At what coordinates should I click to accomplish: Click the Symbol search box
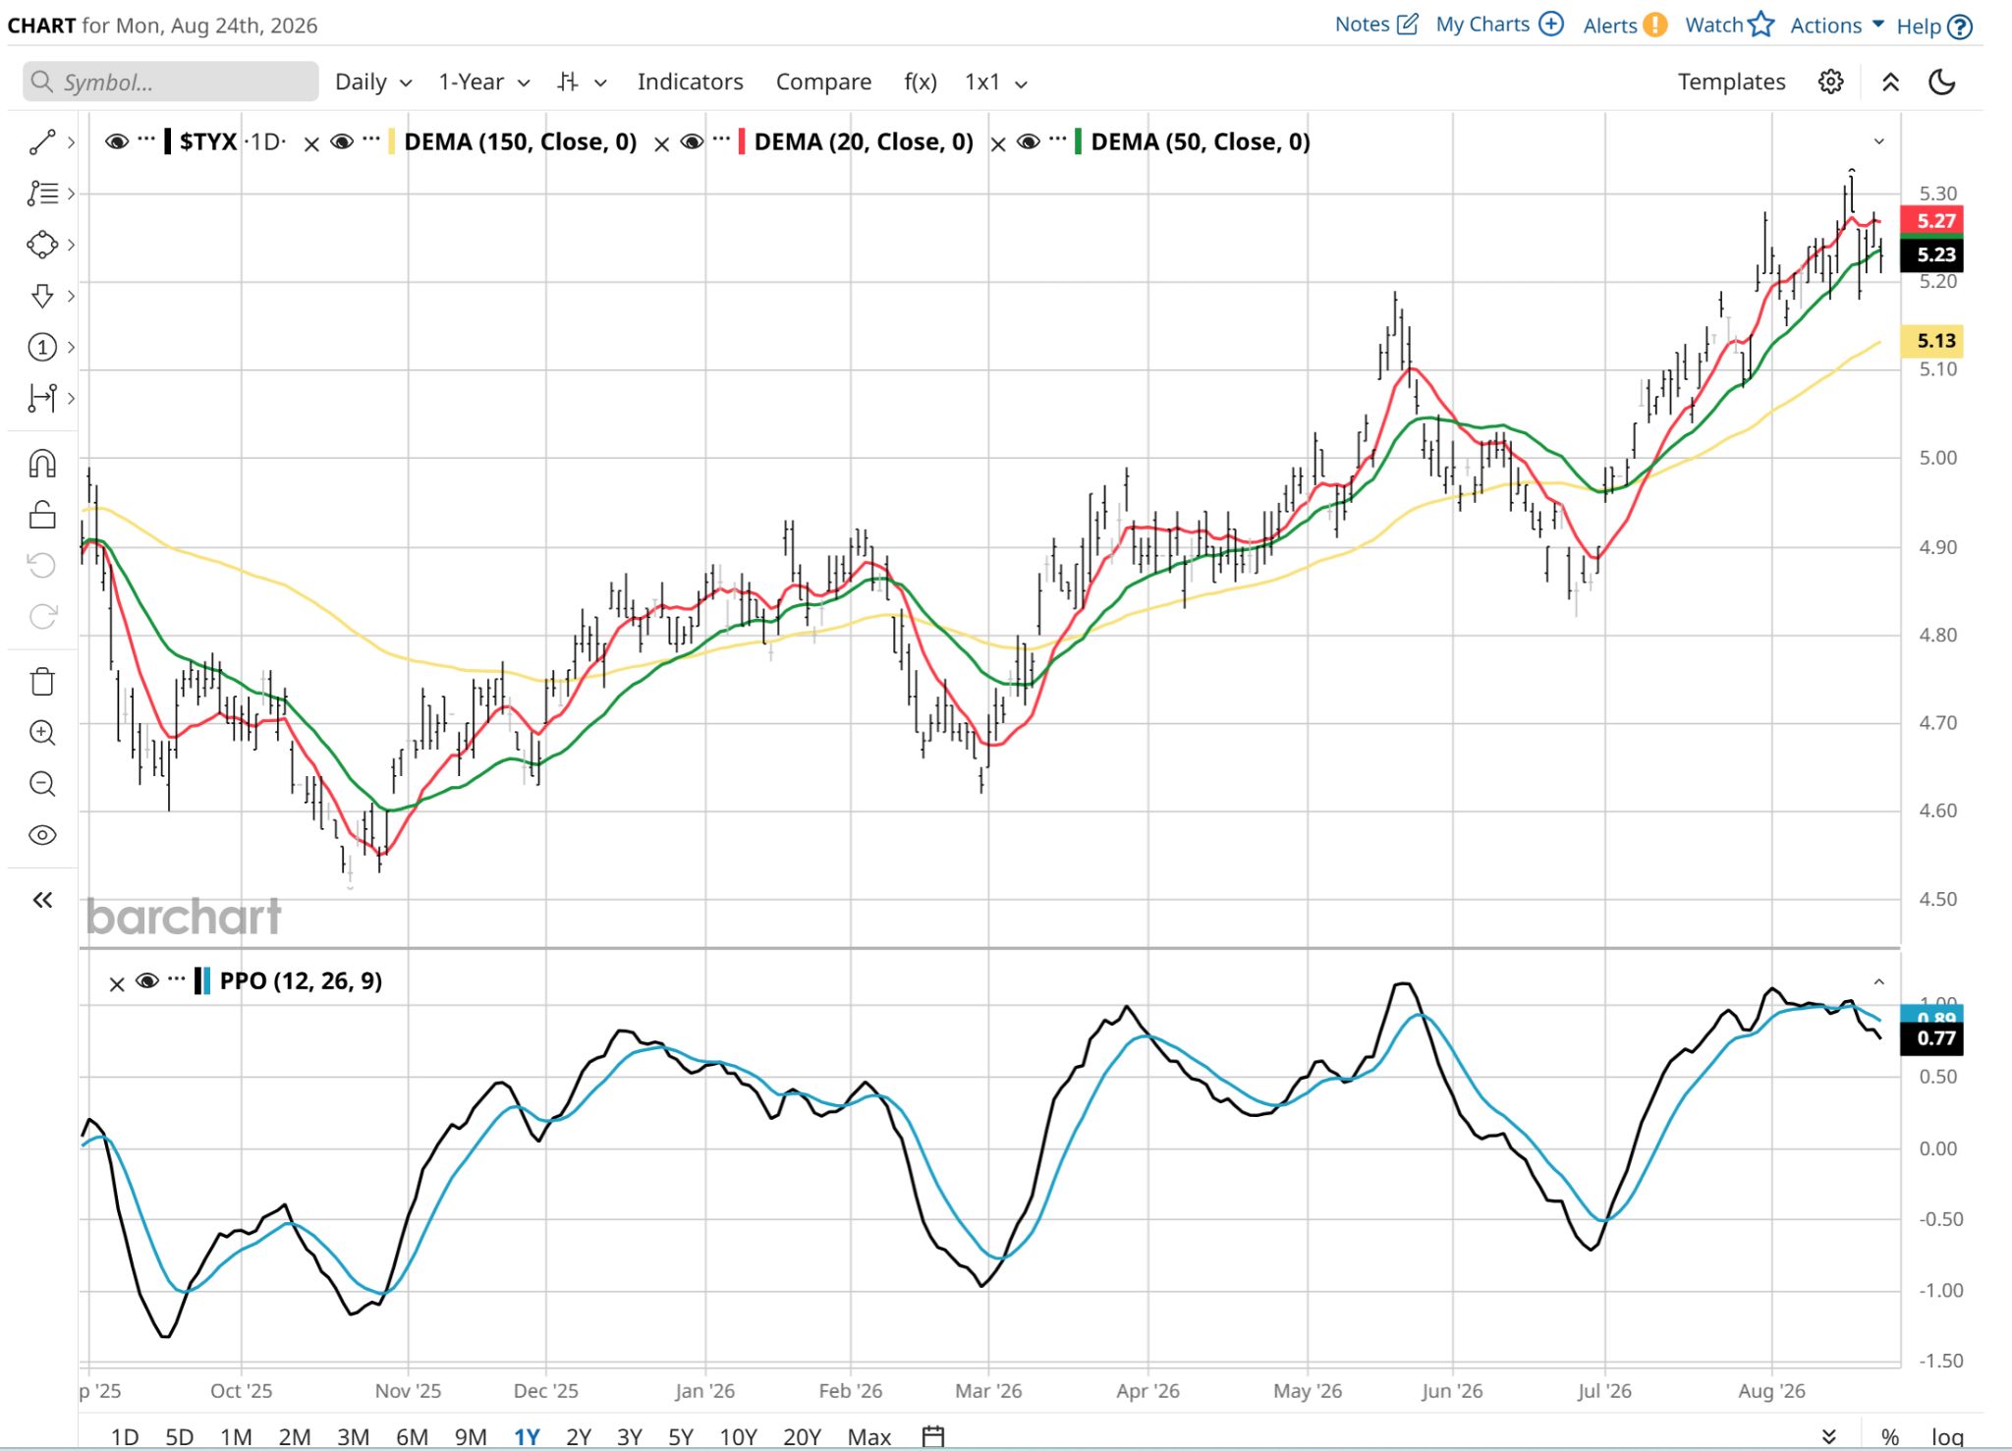170,82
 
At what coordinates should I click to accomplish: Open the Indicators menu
690,82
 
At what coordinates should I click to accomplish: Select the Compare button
823,82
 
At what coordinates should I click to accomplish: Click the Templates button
1731,82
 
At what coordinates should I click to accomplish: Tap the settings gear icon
1830,82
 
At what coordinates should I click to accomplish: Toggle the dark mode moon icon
1941,82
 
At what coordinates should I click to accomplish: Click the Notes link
1375,25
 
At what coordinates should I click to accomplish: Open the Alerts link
1624,25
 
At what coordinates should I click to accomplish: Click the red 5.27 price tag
1931,220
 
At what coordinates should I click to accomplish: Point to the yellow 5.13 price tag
1931,341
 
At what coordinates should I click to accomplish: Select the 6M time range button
412,1436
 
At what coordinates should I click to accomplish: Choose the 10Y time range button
738,1436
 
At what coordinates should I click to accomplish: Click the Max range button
868,1436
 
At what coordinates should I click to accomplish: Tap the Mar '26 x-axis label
988,1391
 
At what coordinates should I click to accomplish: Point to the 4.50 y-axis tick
1937,899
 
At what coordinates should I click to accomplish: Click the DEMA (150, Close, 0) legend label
520,142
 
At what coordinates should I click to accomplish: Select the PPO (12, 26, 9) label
301,980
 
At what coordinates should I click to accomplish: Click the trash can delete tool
42,681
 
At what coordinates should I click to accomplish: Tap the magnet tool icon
42,463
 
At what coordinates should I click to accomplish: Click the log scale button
1947,1436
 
